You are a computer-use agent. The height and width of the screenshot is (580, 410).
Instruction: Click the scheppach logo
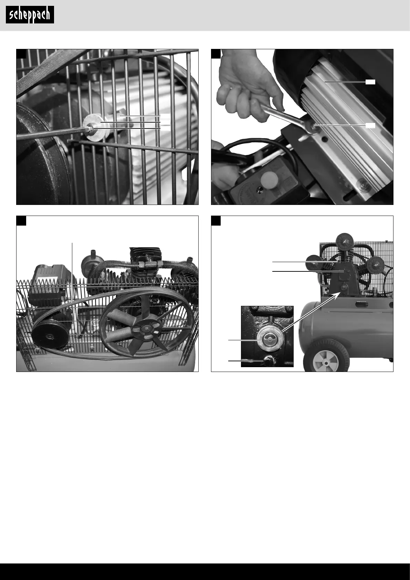pyautogui.click(x=30, y=15)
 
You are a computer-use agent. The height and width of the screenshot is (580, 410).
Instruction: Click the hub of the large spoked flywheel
pyautogui.click(x=147, y=329)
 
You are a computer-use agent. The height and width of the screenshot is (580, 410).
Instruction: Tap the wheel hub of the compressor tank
pyautogui.click(x=326, y=361)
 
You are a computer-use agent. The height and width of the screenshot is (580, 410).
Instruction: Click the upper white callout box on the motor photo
pyautogui.click(x=370, y=82)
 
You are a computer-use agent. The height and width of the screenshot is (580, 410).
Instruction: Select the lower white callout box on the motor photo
pyautogui.click(x=370, y=126)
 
